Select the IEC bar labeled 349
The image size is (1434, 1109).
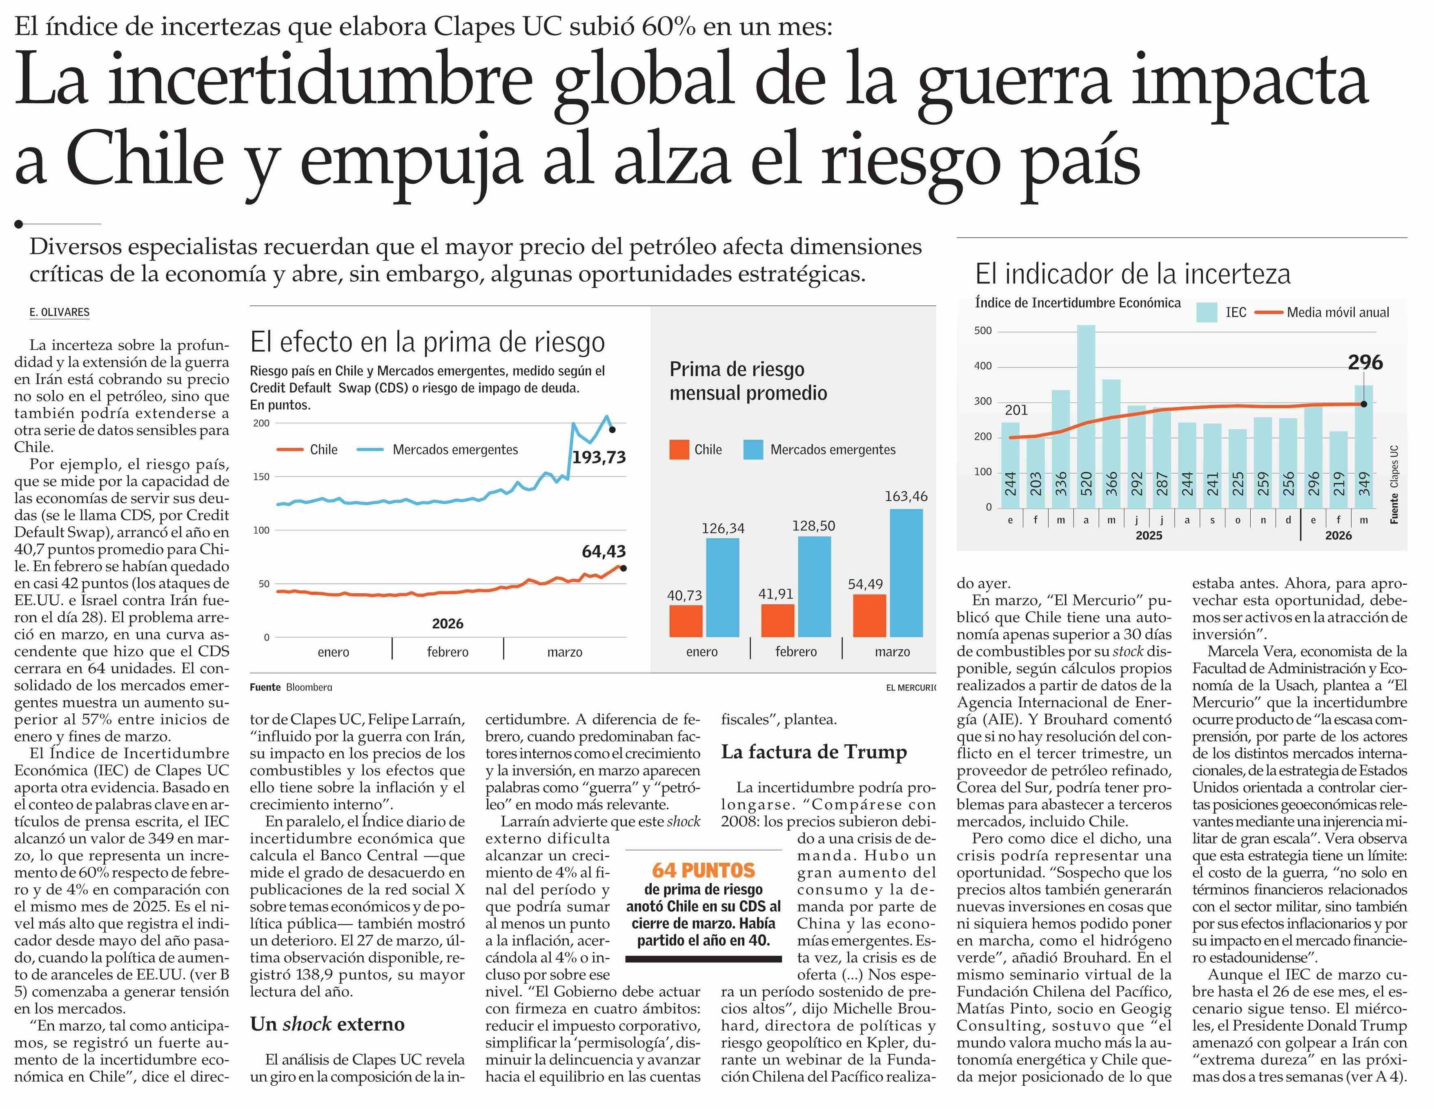coord(1364,446)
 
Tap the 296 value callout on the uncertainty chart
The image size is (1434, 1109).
coord(1365,363)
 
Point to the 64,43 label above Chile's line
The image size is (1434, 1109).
coord(603,552)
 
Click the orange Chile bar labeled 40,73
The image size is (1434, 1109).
coord(686,621)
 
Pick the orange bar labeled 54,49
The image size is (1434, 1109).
coord(869,615)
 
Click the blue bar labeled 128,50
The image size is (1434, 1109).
coord(814,586)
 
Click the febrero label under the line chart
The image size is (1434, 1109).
coord(448,652)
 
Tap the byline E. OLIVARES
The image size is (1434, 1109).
coord(59,312)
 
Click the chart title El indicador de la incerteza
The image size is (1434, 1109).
coord(1133,274)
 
